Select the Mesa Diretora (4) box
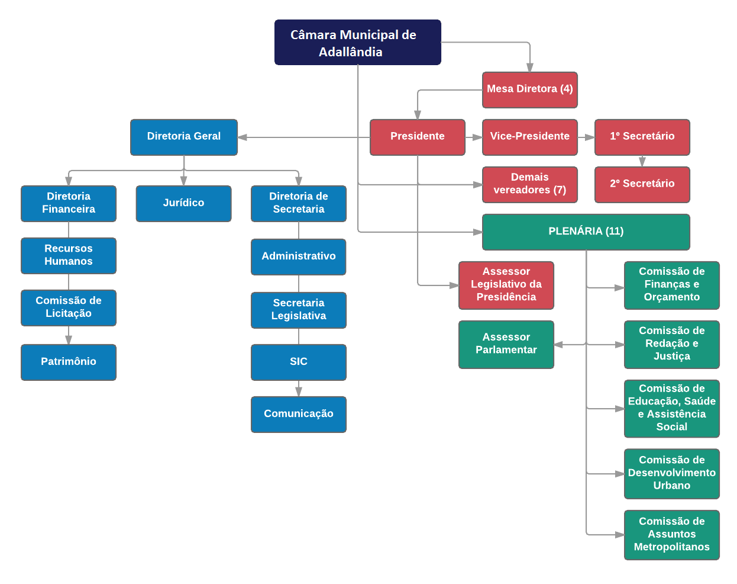pyautogui.click(x=529, y=89)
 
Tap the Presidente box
pyautogui.click(x=417, y=137)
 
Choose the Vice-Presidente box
pyautogui.click(x=529, y=137)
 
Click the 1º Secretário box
pyautogui.click(x=642, y=137)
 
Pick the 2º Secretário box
pyautogui.click(x=642, y=184)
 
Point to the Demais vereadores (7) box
pyautogui.click(x=529, y=184)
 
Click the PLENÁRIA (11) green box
pyautogui.click(x=586, y=232)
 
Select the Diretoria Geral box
pyautogui.click(x=183, y=137)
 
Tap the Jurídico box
pyautogui.click(x=183, y=203)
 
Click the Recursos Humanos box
pyautogui.click(x=69, y=255)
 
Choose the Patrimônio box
pyautogui.click(x=69, y=362)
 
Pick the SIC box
pyautogui.click(x=298, y=362)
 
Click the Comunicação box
pyautogui.click(x=298, y=414)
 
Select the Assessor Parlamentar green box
pyautogui.click(x=506, y=344)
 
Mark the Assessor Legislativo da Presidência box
pyautogui.click(x=506, y=285)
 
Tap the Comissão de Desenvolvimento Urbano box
pyautogui.click(x=671, y=473)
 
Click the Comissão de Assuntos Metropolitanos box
pyautogui.click(x=671, y=535)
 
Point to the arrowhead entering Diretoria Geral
pyautogui.click(x=243, y=137)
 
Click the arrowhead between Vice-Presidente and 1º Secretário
pyautogui.click(x=590, y=137)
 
